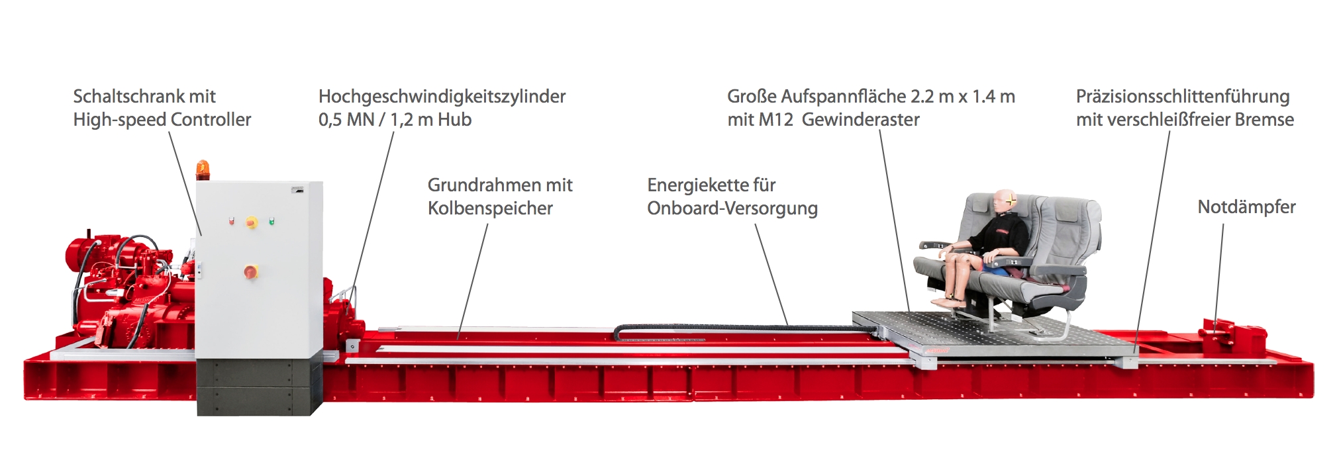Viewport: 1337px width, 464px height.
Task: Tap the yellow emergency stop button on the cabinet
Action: coord(252,222)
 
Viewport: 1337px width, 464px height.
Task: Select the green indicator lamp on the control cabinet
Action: coord(272,221)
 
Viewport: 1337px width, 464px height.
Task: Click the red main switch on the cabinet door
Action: coord(251,271)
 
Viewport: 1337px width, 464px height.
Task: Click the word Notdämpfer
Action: coord(1246,207)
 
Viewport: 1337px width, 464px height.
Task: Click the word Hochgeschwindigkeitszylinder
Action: coord(442,97)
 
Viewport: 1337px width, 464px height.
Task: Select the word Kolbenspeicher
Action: coord(490,209)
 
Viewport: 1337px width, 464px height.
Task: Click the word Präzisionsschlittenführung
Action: coord(1183,97)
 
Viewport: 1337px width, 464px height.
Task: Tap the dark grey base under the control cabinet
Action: coord(259,387)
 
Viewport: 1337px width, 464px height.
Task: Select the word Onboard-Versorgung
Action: coord(732,209)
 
